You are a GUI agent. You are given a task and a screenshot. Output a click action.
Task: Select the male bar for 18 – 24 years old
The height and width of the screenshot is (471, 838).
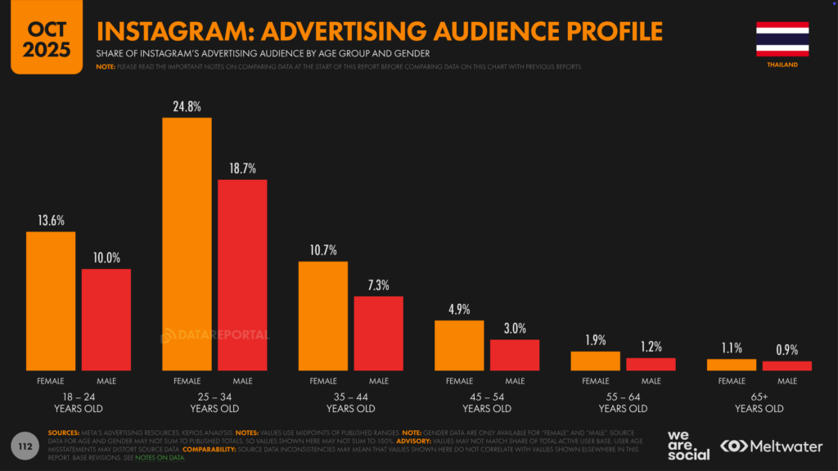coord(106,319)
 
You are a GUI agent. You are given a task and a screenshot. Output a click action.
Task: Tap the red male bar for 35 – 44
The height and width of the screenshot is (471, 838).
coord(378,333)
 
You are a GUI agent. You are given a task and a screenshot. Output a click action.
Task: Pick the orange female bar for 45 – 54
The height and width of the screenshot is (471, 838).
coord(459,345)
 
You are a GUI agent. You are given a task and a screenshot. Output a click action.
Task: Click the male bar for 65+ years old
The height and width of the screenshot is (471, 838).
coord(786,366)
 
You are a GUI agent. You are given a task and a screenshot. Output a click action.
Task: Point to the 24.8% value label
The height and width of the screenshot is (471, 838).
coord(187,107)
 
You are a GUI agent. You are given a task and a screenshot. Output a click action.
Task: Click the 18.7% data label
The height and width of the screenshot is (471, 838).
coord(242,168)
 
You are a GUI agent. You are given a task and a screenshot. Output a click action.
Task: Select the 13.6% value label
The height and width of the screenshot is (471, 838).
coord(51,221)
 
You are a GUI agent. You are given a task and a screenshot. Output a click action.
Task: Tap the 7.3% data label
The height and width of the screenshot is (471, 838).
coord(378,285)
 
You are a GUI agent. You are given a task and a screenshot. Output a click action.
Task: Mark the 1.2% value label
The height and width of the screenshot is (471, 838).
coord(651,347)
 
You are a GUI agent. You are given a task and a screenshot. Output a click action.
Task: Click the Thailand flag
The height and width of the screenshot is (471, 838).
coord(782,38)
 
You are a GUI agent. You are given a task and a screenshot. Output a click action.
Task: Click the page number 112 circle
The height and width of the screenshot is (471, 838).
coord(25,446)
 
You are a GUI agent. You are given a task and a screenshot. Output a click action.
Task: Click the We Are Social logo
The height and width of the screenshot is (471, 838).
coord(688,444)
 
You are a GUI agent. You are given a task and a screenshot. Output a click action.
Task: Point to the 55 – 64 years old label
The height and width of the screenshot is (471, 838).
coord(623,402)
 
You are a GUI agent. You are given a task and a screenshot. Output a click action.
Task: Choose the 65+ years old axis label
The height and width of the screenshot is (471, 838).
coord(759,402)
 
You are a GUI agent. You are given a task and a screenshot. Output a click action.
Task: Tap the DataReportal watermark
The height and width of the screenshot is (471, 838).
coord(214,334)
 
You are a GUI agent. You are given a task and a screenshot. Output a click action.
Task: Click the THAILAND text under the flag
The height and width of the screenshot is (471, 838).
coord(782,65)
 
